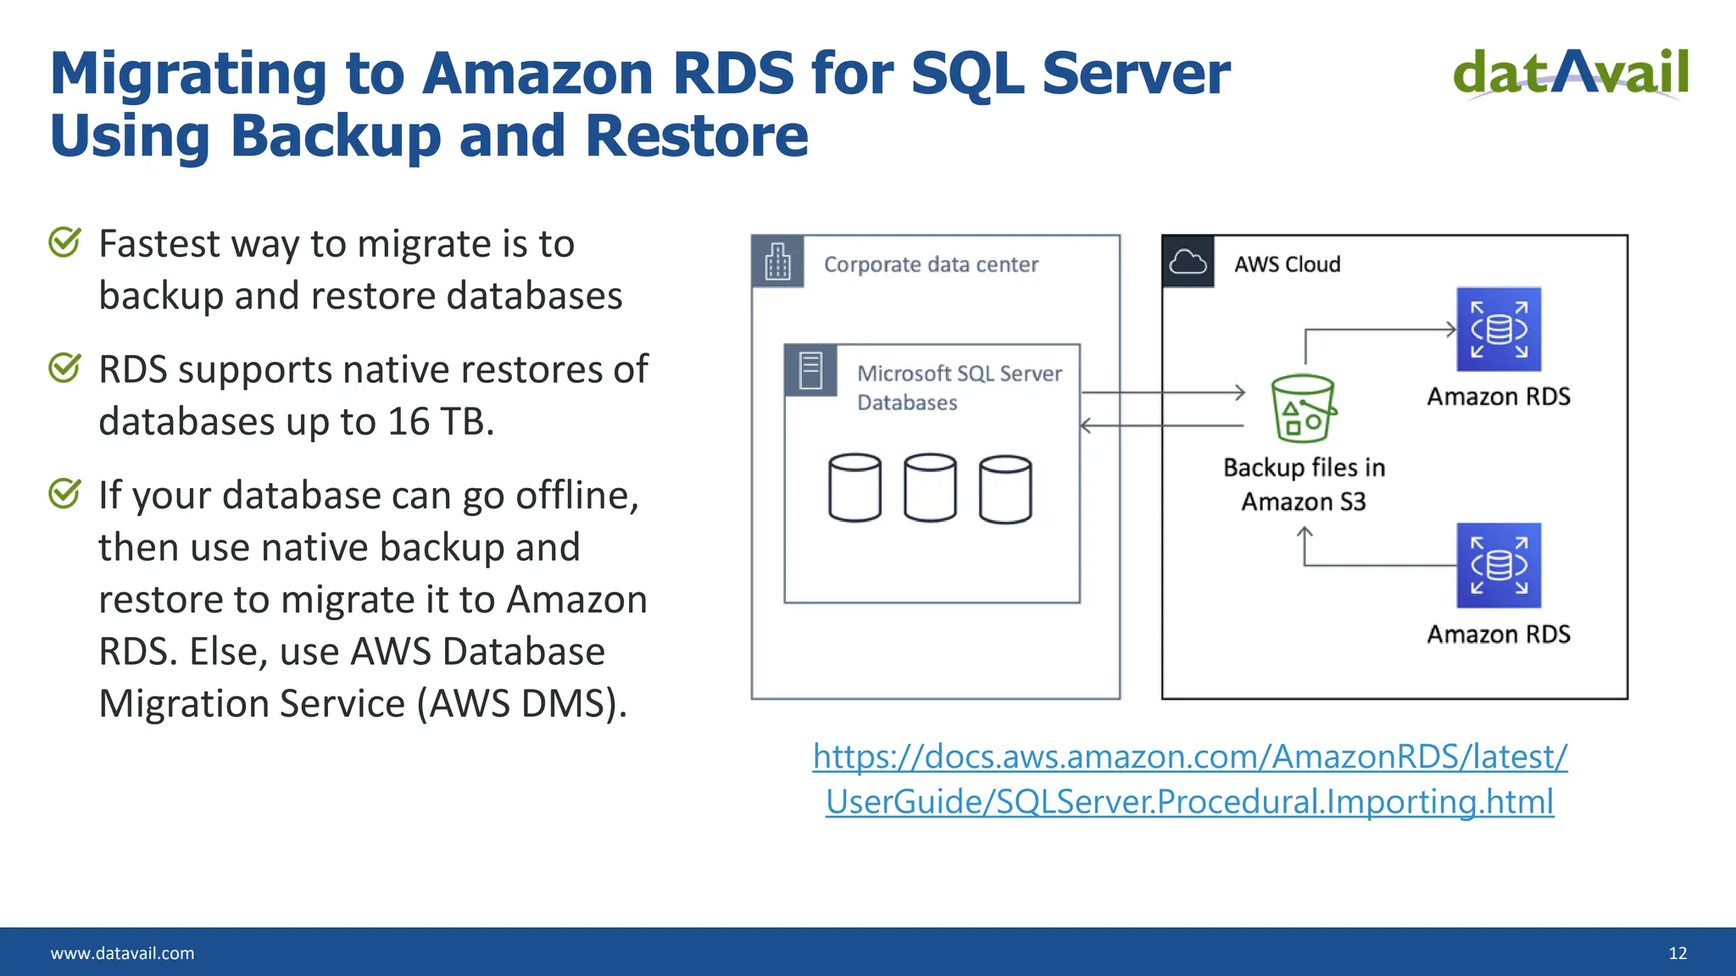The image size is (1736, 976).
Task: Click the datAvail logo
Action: pyautogui.click(x=1571, y=74)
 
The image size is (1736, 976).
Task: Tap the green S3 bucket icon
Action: pyautogui.click(x=1303, y=409)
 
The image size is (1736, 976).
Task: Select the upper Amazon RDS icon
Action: pyautogui.click(x=1499, y=330)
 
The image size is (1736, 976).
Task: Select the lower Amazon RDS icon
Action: pyautogui.click(x=1499, y=565)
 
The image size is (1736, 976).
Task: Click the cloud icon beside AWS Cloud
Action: pyautogui.click(x=1188, y=263)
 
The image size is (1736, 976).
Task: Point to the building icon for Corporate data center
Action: pyautogui.click(x=777, y=263)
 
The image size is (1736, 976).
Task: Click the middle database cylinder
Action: pyautogui.click(x=930, y=488)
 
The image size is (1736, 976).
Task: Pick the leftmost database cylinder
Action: pyautogui.click(x=854, y=488)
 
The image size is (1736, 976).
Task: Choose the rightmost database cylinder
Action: pyautogui.click(x=1005, y=489)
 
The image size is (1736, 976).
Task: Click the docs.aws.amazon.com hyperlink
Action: pyautogui.click(x=1189, y=779)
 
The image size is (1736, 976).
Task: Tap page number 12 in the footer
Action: pyautogui.click(x=1678, y=953)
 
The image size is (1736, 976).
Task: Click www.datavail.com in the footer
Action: pyautogui.click(x=122, y=953)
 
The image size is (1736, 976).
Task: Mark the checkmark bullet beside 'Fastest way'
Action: pyautogui.click(x=64, y=242)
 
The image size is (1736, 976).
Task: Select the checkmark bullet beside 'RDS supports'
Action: pyautogui.click(x=64, y=368)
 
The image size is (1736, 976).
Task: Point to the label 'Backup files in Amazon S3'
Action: pyautogui.click(x=1304, y=485)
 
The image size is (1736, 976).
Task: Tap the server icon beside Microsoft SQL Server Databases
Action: pyautogui.click(x=810, y=370)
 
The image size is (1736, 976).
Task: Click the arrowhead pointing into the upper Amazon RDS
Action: pyautogui.click(x=1450, y=329)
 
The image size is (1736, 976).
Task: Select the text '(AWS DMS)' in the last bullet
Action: pyautogui.click(x=521, y=703)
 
